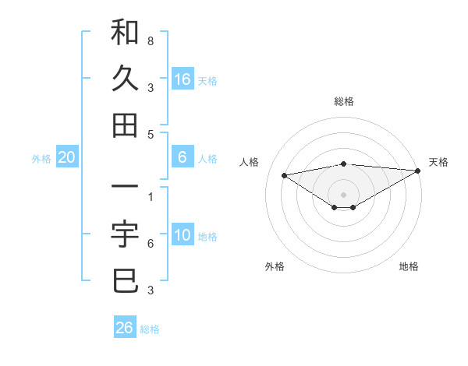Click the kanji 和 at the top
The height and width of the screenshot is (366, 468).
click(125, 33)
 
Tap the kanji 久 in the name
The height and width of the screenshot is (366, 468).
click(125, 79)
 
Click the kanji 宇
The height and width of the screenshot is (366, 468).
click(125, 235)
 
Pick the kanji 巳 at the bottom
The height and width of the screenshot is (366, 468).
click(125, 281)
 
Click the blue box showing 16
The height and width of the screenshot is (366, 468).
click(183, 79)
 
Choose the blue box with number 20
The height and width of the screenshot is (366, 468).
click(66, 158)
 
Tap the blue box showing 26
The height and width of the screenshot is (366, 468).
click(125, 328)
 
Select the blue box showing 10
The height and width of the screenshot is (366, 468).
click(183, 236)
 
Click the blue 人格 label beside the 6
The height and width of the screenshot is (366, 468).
click(207, 159)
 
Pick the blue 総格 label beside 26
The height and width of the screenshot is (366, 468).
click(150, 329)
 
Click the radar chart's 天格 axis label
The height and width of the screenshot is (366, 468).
click(438, 162)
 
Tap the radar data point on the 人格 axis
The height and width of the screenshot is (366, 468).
click(284, 174)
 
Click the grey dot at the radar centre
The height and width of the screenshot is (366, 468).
click(343, 194)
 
